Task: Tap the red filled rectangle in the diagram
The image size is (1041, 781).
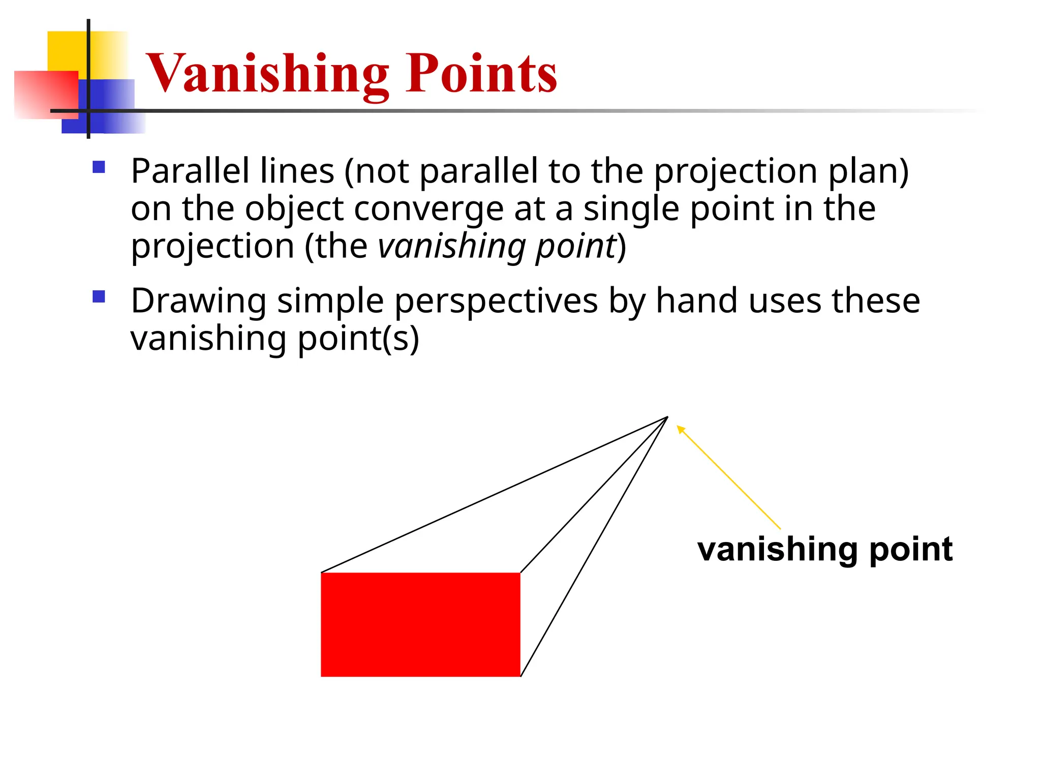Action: pyautogui.click(x=420, y=624)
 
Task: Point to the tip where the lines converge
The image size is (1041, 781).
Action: pyautogui.click(x=666, y=417)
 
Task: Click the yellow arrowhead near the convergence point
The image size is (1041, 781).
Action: pyautogui.click(x=681, y=430)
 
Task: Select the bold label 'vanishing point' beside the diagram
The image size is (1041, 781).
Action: pyautogui.click(x=824, y=549)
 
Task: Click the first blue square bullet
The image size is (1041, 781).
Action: pyautogui.click(x=99, y=167)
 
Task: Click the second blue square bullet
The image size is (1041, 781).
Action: pyautogui.click(x=99, y=296)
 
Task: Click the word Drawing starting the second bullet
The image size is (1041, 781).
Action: pyautogui.click(x=198, y=301)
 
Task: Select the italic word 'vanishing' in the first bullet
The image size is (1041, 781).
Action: pyautogui.click(x=451, y=247)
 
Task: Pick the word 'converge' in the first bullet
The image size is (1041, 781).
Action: pyautogui.click(x=428, y=209)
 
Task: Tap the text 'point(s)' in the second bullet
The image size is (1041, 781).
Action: pyautogui.click(x=358, y=339)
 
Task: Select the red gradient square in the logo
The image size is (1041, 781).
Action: pyautogui.click(x=46, y=95)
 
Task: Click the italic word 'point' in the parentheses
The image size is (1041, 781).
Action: pyautogui.click(x=576, y=247)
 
